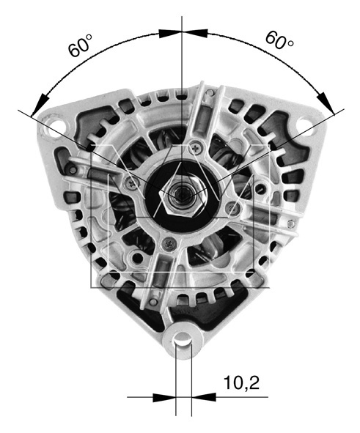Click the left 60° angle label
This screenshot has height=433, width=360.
(x=81, y=45)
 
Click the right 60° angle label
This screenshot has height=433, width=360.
(x=279, y=40)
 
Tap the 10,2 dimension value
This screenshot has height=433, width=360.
(x=242, y=382)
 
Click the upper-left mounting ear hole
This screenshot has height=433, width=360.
(x=55, y=127)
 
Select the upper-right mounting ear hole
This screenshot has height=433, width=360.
(x=304, y=125)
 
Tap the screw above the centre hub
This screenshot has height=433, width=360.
(x=196, y=149)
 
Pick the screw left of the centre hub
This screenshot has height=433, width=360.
(x=132, y=182)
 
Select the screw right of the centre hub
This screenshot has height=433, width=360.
(x=233, y=207)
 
